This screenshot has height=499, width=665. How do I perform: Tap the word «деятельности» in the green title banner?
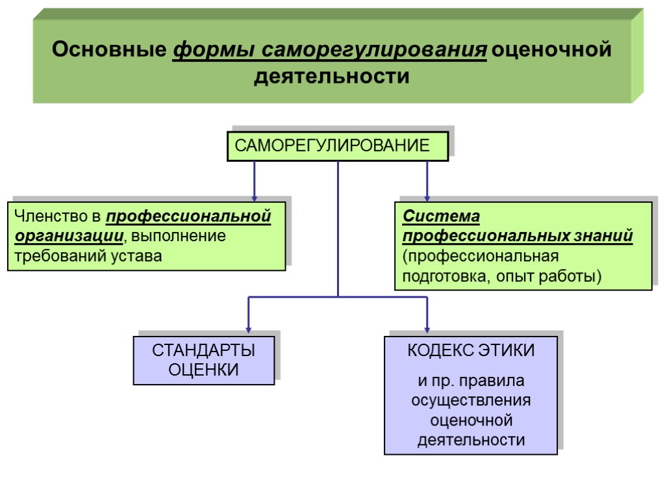332,77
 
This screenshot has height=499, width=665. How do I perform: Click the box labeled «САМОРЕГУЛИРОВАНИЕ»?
337,146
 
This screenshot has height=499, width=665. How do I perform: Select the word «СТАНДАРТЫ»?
204,351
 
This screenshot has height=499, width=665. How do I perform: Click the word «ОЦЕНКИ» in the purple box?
204,370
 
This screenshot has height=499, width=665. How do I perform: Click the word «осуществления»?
471,400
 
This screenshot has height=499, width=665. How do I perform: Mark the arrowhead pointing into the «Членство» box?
254,196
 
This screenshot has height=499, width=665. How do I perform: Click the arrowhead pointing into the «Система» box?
427,196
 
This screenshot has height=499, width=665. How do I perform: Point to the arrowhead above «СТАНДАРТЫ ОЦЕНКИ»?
248,329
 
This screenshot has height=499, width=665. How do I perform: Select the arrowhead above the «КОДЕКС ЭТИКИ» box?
427,329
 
